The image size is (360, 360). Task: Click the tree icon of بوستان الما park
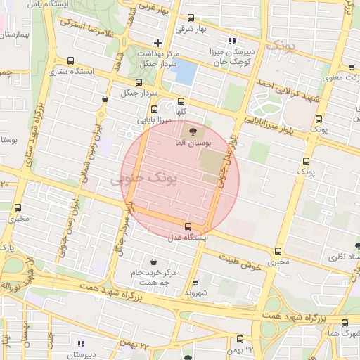(x=191, y=131)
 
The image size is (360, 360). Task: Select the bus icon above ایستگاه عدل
(x=188, y=226)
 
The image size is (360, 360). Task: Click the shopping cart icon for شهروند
(x=200, y=282)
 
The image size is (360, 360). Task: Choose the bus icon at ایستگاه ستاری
(x=70, y=60)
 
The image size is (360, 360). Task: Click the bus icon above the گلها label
(x=181, y=101)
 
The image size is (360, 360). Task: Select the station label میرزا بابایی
(x=155, y=121)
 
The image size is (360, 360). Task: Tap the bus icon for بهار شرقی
(x=191, y=18)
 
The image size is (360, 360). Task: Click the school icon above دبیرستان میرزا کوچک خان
(x=233, y=40)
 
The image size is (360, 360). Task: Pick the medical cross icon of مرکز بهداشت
(x=157, y=44)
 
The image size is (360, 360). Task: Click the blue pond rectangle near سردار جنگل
(x=184, y=71)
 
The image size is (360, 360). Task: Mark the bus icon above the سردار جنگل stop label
(x=138, y=82)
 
